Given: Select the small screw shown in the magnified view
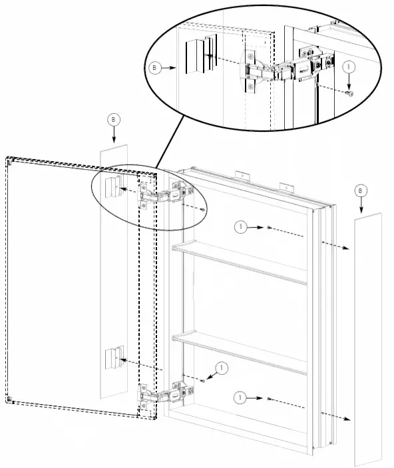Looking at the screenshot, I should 349,93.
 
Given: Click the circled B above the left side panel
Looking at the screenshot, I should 114,119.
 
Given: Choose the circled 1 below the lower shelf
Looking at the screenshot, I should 242,397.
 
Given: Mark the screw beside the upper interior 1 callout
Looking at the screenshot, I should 267,228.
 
